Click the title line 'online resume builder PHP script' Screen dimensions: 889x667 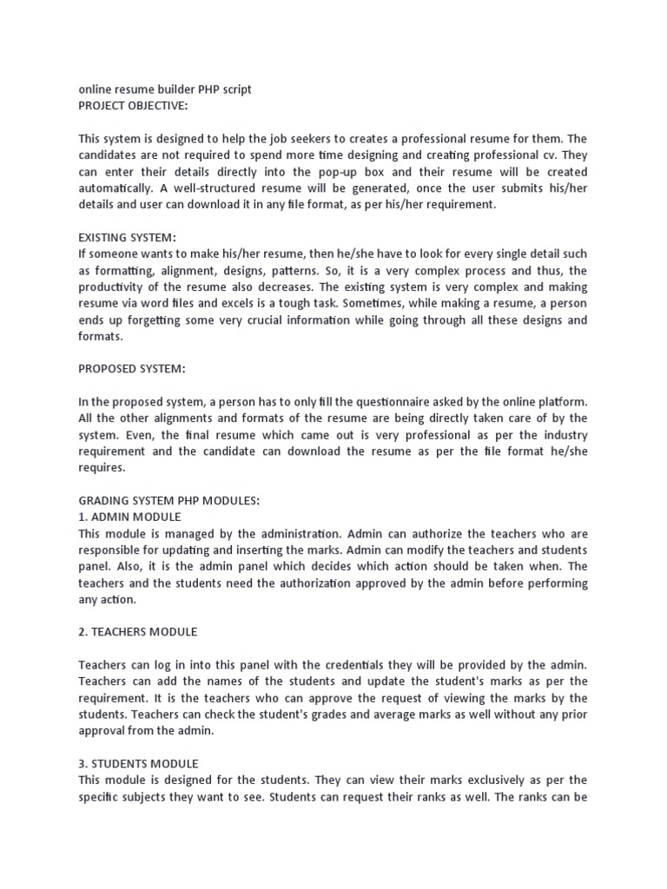[165, 89]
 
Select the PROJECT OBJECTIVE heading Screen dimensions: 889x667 [133, 105]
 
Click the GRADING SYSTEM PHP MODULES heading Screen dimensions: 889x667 [168, 501]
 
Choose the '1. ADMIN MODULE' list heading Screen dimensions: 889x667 [129, 517]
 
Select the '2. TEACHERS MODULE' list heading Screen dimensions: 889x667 [137, 632]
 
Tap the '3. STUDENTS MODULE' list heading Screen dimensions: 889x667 [138, 764]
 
